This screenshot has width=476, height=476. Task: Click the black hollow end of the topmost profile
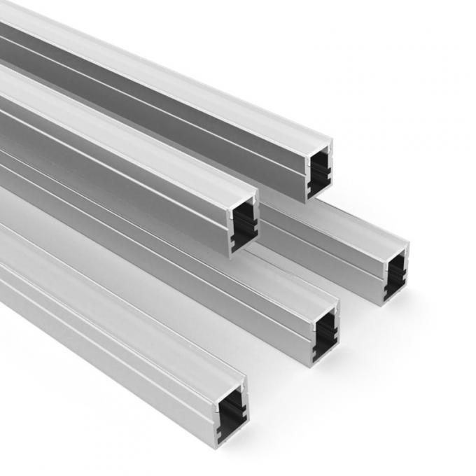click(x=318, y=171)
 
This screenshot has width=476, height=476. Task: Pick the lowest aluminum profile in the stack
click(x=140, y=336)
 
